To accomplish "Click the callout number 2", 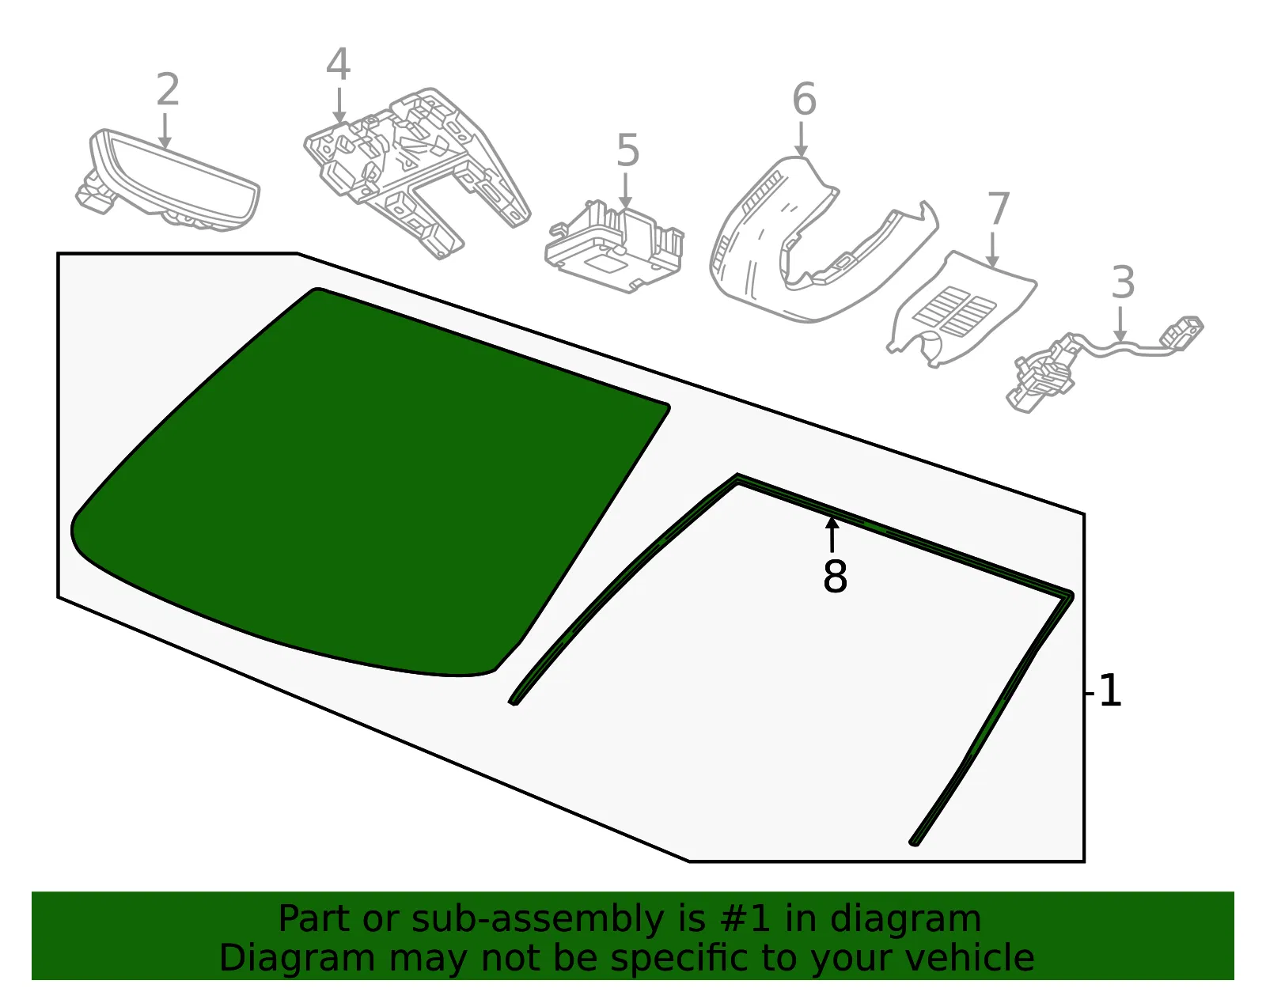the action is point(168,89).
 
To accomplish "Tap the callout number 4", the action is point(338,64).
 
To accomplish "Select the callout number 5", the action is point(627,150).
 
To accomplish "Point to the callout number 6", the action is point(804,99).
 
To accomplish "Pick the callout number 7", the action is point(998,208).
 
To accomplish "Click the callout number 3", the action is point(1123,282).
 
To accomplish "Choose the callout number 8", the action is point(835,577).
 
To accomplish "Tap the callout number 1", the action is point(1109,691).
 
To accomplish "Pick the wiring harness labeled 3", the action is point(1101,361).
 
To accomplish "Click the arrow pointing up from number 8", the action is point(832,535).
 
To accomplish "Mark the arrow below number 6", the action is point(801,139).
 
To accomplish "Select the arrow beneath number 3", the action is point(1120,324).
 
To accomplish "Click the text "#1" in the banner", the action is point(745,919).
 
